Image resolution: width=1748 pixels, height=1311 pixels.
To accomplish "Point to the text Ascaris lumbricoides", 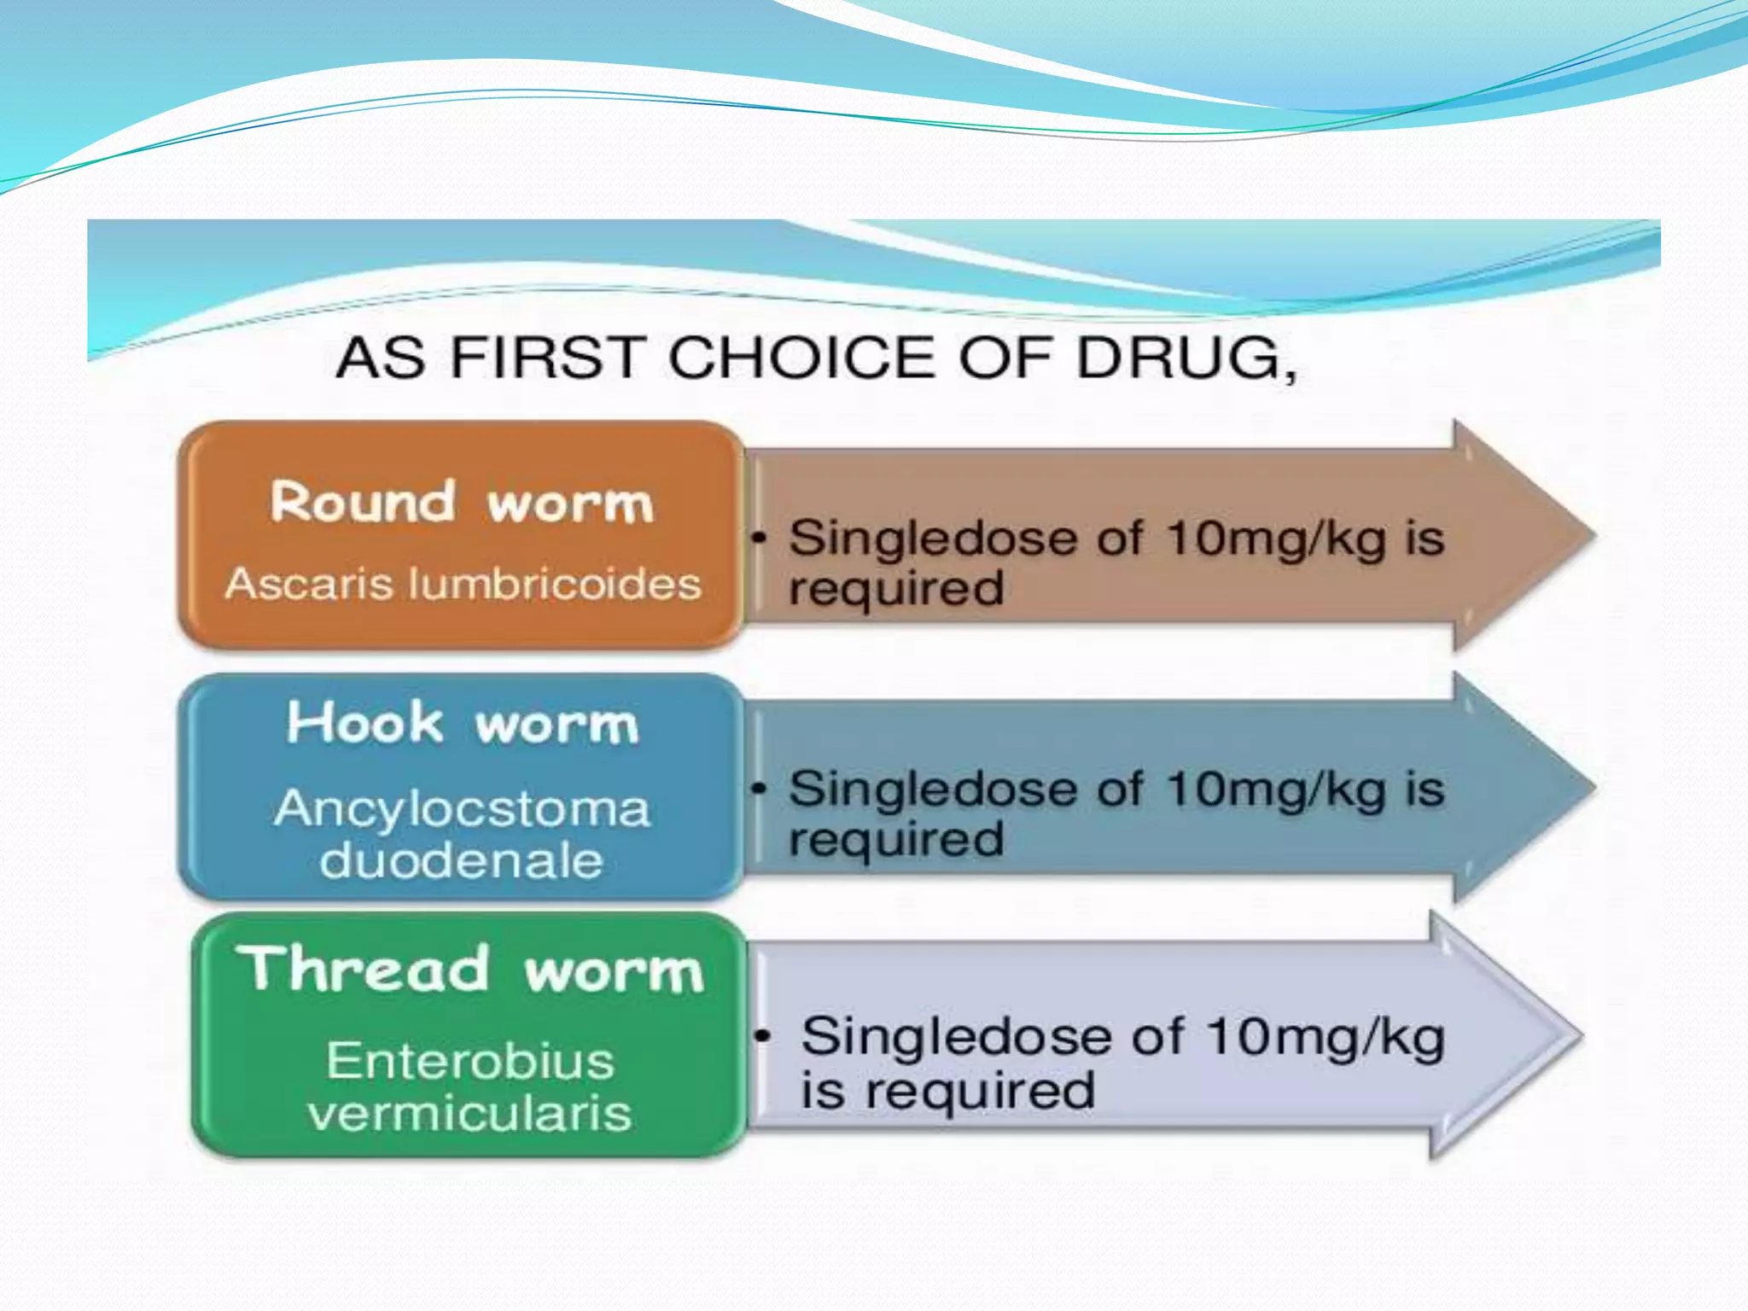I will pyautogui.click(x=463, y=585).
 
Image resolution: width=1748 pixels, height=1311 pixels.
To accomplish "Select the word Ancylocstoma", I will pyautogui.click(x=462, y=808).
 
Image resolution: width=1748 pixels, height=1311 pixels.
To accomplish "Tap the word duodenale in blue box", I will pyautogui.click(x=462, y=859).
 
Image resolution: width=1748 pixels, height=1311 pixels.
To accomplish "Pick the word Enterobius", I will pyautogui.click(x=469, y=1061).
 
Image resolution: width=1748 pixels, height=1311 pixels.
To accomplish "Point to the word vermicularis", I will pyautogui.click(x=469, y=1113).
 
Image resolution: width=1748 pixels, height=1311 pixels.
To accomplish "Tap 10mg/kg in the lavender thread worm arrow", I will pyautogui.click(x=1325, y=1037).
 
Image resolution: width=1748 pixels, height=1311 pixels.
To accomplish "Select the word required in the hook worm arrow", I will pyautogui.click(x=895, y=839).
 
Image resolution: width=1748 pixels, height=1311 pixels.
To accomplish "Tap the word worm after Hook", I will pyautogui.click(x=556, y=725).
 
